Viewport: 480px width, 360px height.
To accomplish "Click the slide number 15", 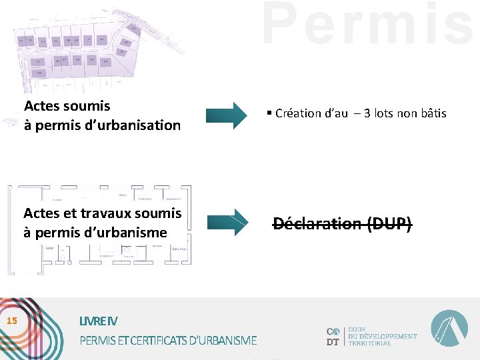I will pos(11,321).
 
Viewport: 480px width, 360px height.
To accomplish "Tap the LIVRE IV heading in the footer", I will pos(98,321).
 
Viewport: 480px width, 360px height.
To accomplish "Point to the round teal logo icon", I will pos(449,329).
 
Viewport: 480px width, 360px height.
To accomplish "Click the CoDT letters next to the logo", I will pos(333,337).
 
